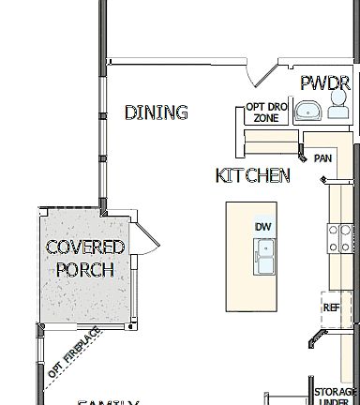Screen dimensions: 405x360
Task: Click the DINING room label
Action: (156, 112)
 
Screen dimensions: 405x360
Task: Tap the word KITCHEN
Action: (252, 175)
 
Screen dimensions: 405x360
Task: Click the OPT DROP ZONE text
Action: (262, 112)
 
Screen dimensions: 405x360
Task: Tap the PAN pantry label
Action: (323, 158)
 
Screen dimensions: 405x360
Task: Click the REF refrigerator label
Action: (331, 307)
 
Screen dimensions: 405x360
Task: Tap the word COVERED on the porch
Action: (85, 247)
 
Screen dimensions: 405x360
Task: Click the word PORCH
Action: (84, 270)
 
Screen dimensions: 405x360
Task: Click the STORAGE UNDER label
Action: (336, 397)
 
